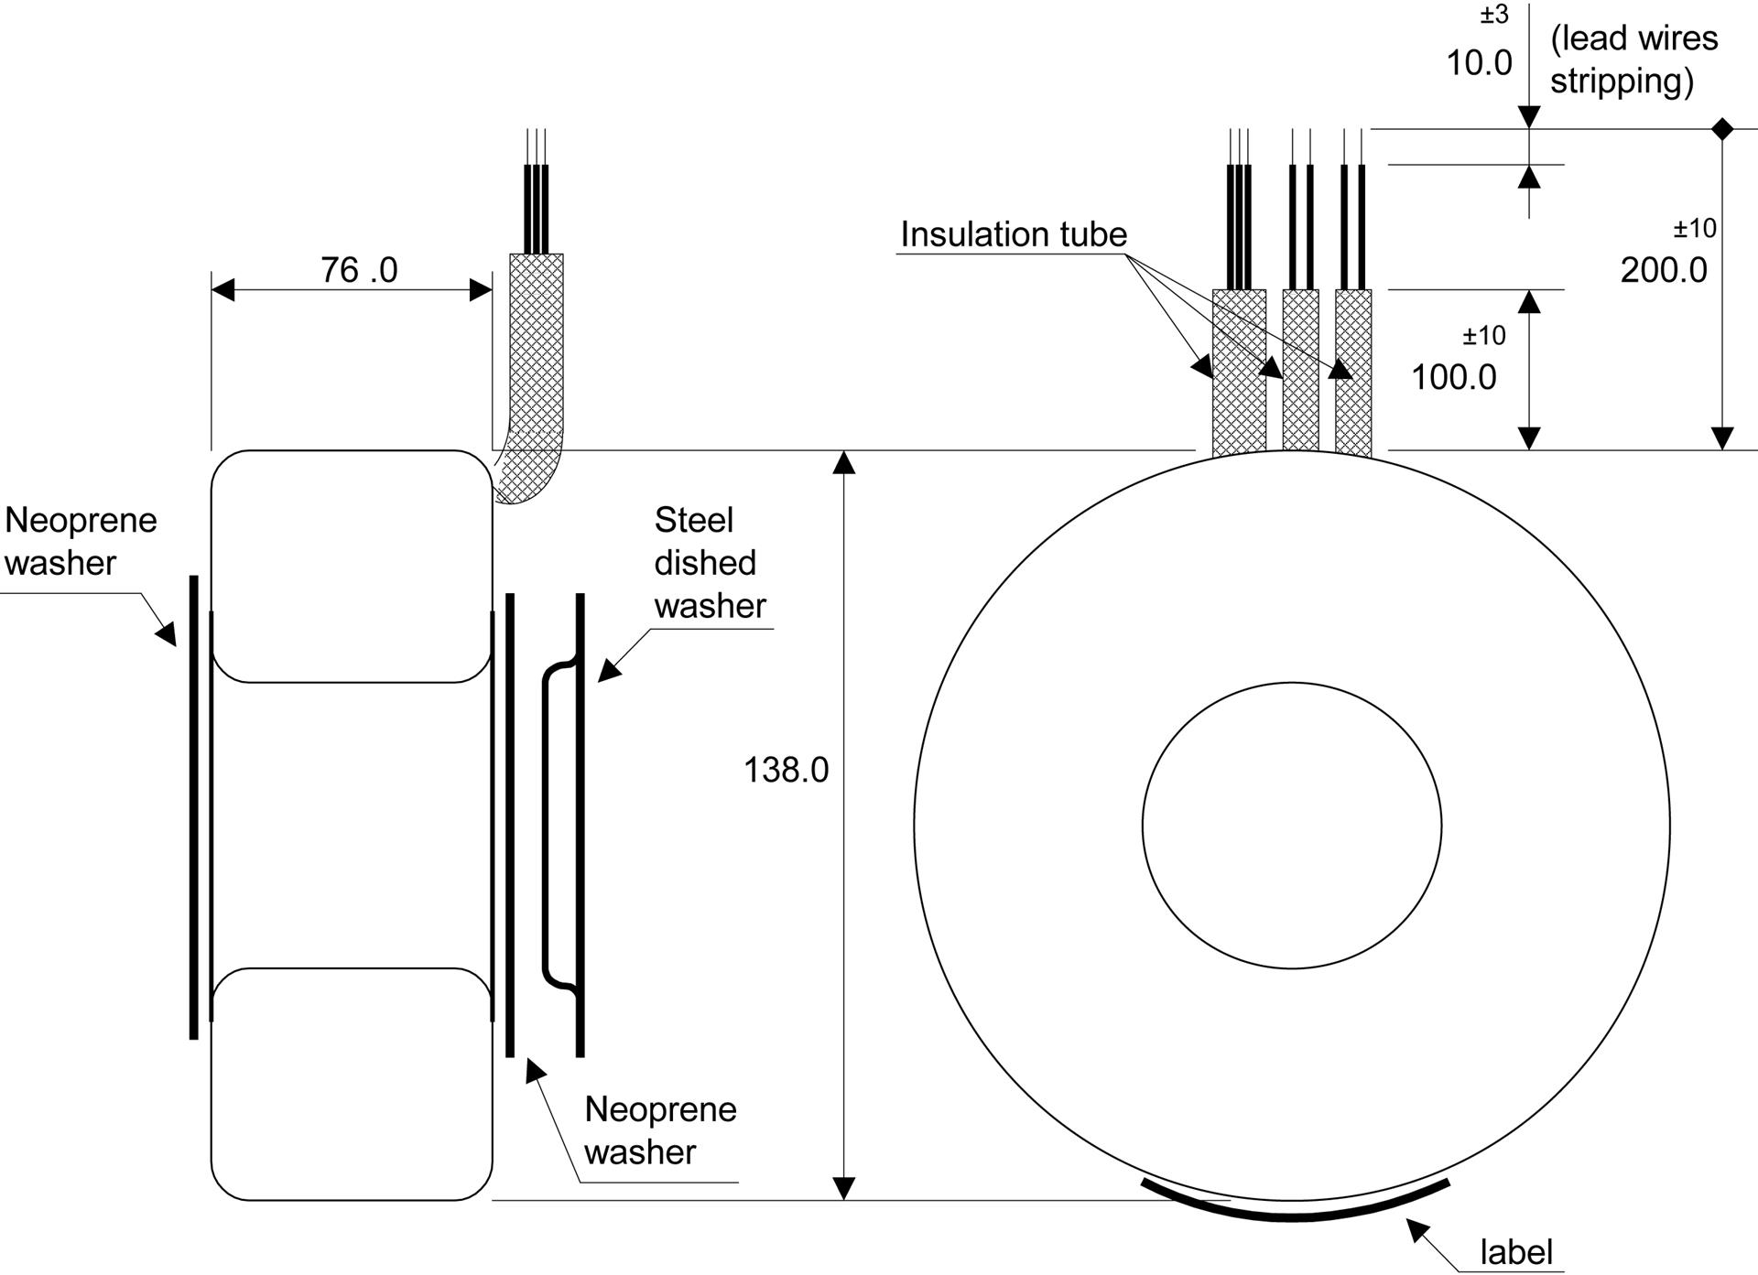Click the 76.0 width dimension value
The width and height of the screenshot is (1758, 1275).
359,270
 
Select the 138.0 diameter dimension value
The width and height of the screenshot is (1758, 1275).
786,770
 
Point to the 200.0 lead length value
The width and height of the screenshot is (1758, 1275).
1664,270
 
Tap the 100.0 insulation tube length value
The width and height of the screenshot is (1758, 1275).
1454,377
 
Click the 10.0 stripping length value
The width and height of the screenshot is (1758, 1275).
1479,63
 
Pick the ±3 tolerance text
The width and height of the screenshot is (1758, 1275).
1494,15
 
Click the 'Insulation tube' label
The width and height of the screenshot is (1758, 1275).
1014,234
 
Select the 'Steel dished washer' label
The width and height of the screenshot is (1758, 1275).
710,563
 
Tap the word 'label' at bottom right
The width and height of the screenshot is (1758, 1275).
1516,1252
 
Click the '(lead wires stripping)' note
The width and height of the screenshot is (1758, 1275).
1633,59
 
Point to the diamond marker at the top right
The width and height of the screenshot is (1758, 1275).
1722,129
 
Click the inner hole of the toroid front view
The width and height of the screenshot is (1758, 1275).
1292,826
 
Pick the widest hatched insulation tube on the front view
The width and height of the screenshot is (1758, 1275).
1239,373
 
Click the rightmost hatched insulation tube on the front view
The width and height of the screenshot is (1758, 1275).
1353,373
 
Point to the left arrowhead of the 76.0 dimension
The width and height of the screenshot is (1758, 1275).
222,290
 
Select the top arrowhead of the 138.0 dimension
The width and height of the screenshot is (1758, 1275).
844,462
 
